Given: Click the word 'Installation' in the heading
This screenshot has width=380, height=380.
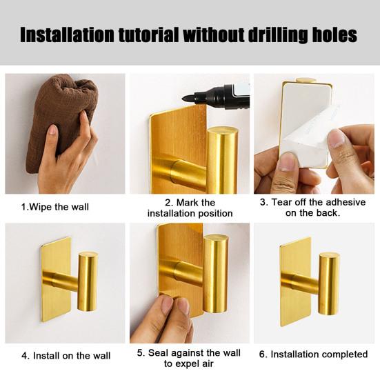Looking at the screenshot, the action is point(67,35).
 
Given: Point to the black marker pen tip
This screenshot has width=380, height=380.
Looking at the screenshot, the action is point(185,99).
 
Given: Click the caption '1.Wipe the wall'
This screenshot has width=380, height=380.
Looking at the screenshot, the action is point(55,207).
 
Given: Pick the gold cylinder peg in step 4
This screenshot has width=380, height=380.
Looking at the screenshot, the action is point(88,281).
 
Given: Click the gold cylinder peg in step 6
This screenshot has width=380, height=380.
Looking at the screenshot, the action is point(328,283).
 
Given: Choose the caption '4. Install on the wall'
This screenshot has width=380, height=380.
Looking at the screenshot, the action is point(66,356).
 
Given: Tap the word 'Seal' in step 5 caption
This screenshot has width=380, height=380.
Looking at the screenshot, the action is point(157,353).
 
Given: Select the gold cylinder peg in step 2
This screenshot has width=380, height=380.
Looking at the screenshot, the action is point(222,160).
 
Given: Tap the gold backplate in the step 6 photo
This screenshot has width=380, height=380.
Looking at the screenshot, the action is point(295,282).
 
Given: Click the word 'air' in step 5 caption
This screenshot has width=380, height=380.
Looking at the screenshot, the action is point(207,363).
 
